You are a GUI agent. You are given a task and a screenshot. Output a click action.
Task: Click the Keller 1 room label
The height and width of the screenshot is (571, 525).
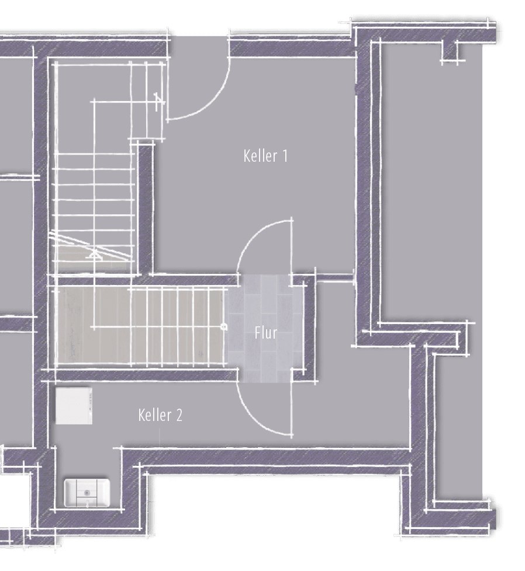(x=265, y=156)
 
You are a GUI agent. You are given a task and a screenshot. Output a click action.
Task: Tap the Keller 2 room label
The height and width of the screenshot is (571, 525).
(x=160, y=415)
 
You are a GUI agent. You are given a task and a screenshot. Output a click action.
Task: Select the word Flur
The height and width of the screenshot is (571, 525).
(x=266, y=333)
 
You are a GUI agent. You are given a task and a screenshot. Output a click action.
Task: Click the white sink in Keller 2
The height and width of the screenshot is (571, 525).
(x=87, y=493)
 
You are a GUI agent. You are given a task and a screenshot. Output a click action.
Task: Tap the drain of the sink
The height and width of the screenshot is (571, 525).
(x=87, y=493)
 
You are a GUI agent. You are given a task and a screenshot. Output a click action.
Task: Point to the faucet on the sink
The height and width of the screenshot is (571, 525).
(x=88, y=503)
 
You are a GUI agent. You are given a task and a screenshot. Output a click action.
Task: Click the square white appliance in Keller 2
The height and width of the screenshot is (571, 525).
(x=74, y=406)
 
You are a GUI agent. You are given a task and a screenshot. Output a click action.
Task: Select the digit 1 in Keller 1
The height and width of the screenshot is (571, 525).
(x=285, y=156)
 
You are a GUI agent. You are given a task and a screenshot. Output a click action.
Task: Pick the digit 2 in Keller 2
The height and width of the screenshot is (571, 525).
(x=179, y=415)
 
